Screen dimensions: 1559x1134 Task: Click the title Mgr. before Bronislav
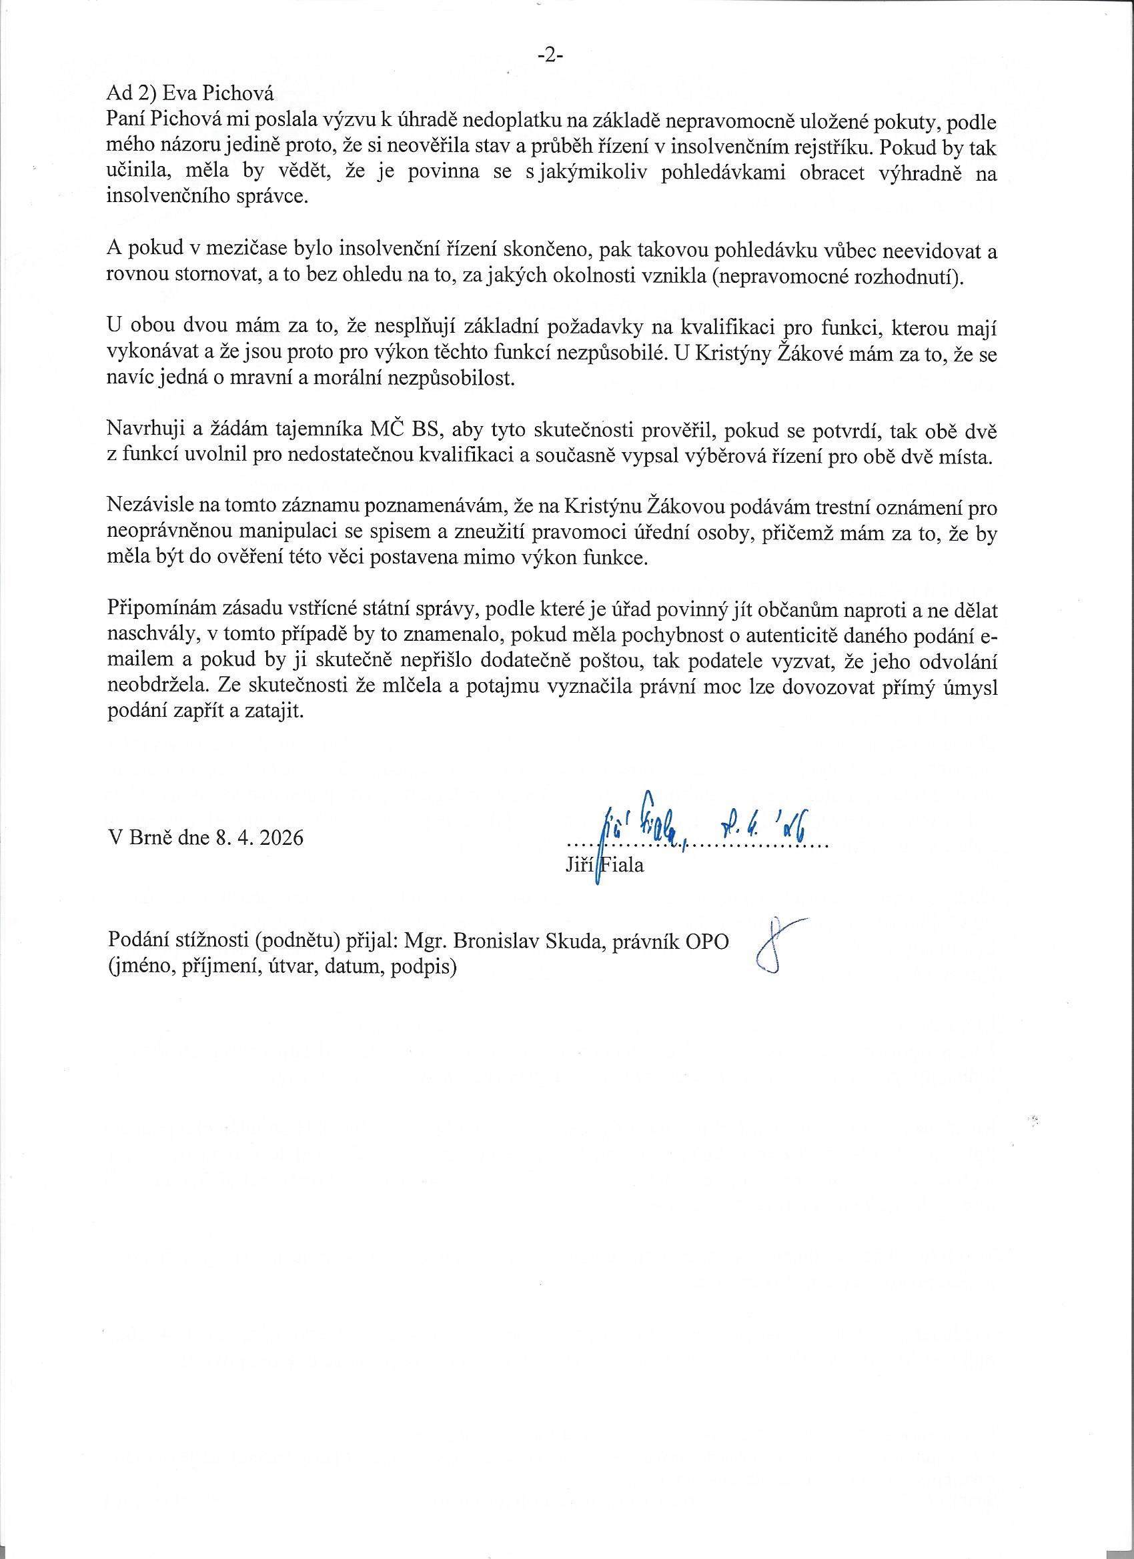coord(427,940)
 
